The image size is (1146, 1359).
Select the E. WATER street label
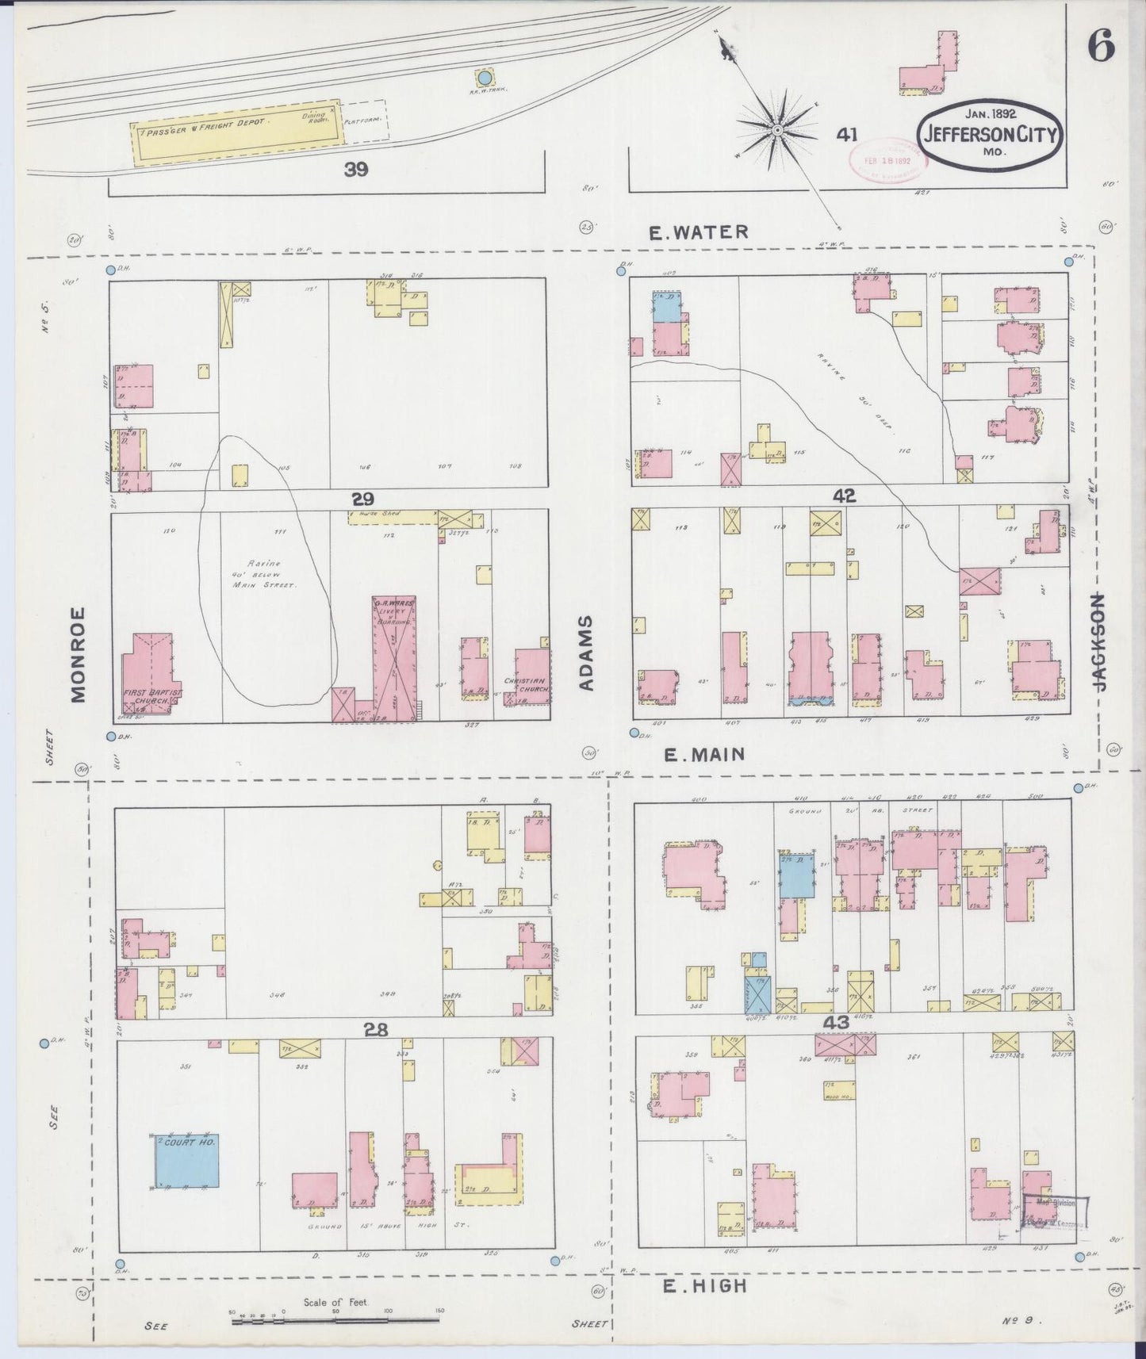coord(698,232)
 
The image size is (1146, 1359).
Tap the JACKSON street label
coord(1099,641)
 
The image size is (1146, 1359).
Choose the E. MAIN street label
coord(704,755)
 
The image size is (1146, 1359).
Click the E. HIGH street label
coord(704,1285)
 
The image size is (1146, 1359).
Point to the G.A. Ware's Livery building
coord(394,658)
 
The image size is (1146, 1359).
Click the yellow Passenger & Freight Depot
coord(236,131)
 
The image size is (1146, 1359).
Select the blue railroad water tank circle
coord(483,78)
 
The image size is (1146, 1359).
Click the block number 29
coord(363,499)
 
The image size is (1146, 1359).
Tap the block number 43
coord(836,1022)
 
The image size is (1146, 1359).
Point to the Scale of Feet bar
coord(336,1321)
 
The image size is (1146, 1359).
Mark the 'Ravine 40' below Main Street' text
coord(262,573)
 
